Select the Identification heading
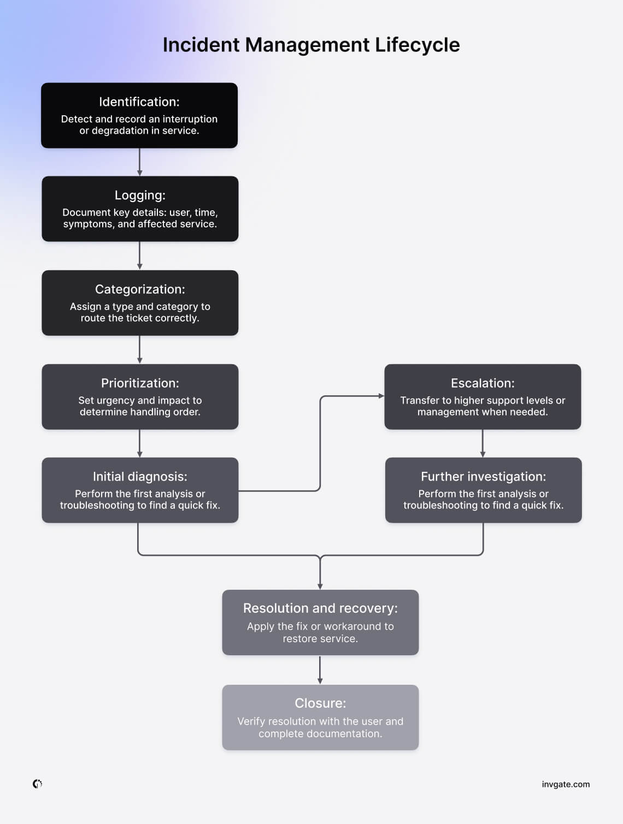pos(139,102)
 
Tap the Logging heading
pos(140,195)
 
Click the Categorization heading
pos(140,289)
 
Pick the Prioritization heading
pos(140,383)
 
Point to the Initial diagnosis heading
pos(140,477)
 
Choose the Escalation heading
pos(483,383)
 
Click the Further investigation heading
pos(483,477)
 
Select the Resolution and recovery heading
pos(320,608)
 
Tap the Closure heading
pos(320,703)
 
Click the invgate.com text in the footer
pos(566,784)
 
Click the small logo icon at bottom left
pos(37,784)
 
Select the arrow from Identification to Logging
pos(140,162)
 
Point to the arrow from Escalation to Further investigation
pos(483,443)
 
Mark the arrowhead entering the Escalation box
pos(381,396)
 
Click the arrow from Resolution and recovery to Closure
pos(320,670)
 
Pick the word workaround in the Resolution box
pos(356,626)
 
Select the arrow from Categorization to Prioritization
pos(140,349)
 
